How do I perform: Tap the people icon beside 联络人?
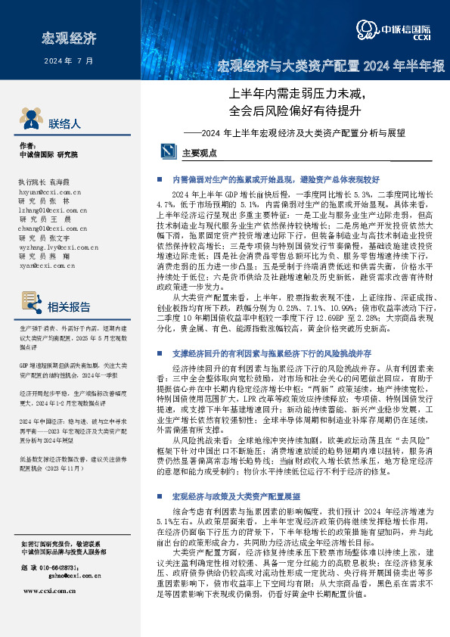pyautogui.click(x=29, y=121)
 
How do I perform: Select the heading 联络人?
pyautogui.click(x=64, y=123)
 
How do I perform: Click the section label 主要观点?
pyautogui.click(x=200, y=153)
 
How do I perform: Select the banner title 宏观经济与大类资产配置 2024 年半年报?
pyautogui.click(x=331, y=67)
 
